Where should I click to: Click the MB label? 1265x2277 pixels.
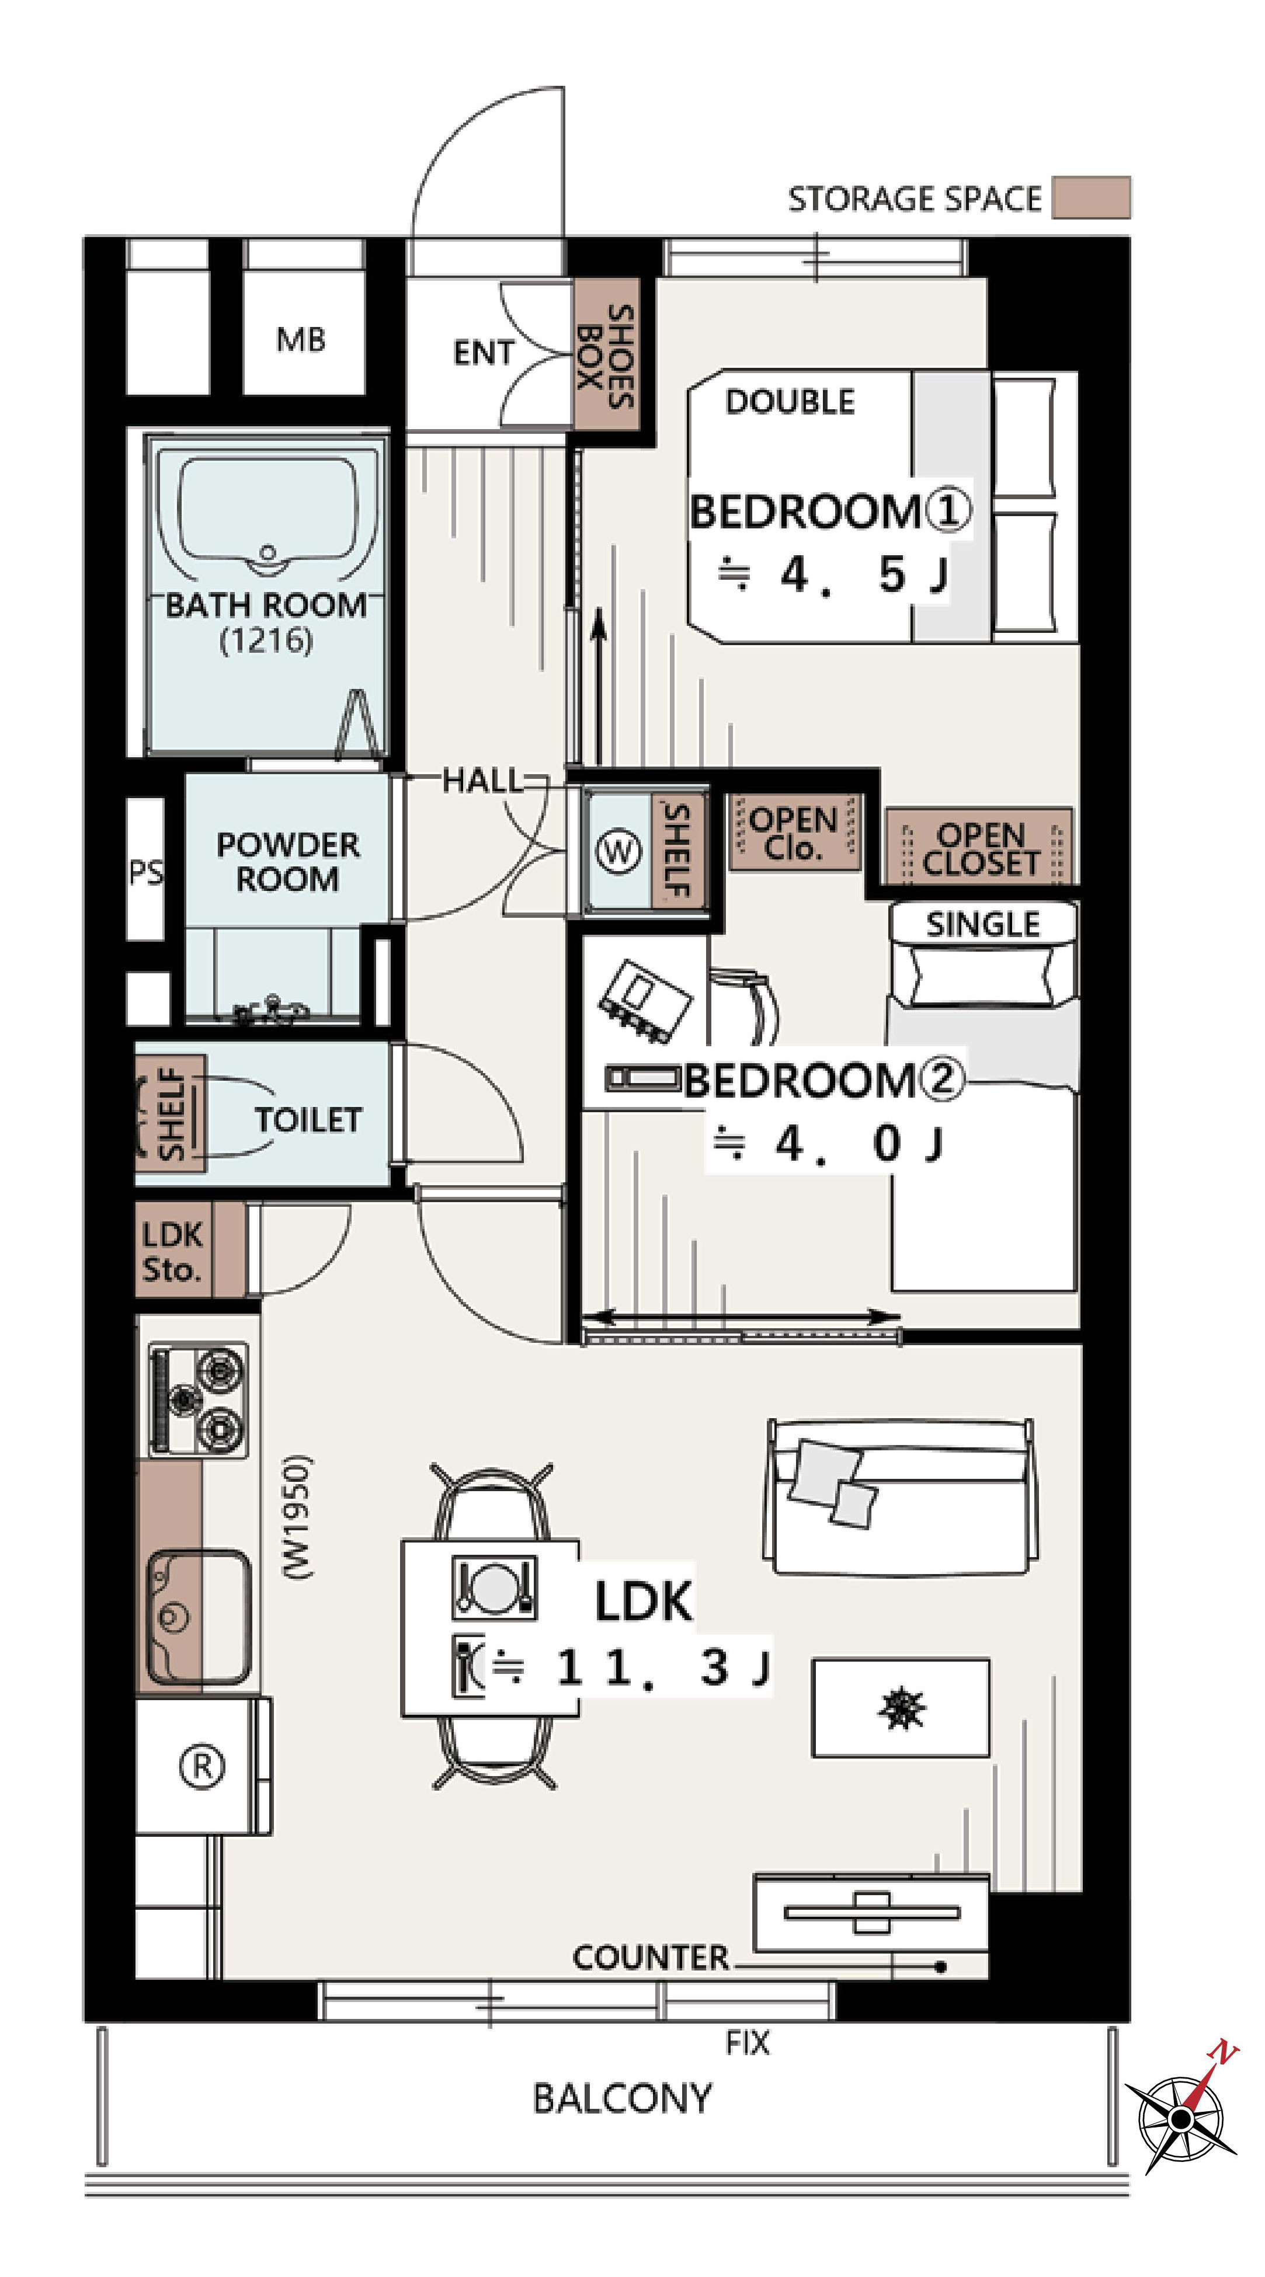[x=301, y=339]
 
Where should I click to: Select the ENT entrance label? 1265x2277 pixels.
[x=482, y=353]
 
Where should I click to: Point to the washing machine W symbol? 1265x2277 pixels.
[x=618, y=852]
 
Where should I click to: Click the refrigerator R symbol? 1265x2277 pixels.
[x=203, y=1766]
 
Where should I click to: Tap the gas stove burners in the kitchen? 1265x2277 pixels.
[x=197, y=1399]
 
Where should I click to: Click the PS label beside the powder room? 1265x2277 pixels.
[x=146, y=872]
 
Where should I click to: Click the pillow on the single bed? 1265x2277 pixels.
[x=983, y=975]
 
